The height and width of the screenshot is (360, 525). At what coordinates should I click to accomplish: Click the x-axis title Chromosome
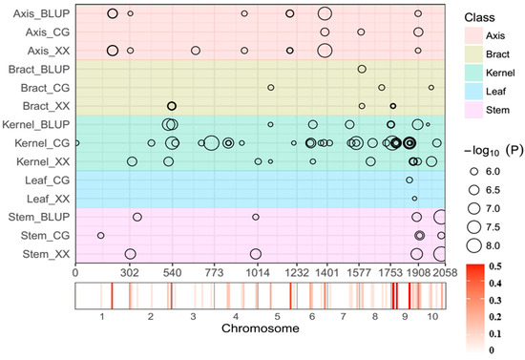[x=259, y=328]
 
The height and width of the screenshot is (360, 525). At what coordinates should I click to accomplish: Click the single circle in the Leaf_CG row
[x=409, y=180]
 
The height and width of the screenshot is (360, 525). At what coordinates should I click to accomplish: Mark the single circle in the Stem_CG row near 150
[x=101, y=235]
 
